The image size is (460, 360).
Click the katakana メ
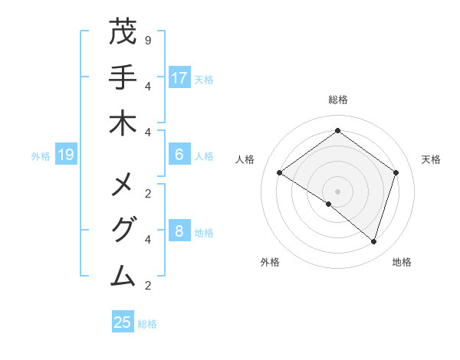tap(123, 185)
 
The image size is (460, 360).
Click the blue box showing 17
tap(179, 78)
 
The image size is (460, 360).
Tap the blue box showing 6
tap(179, 155)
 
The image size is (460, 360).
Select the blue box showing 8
tap(179, 231)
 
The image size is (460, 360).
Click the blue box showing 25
tap(123, 322)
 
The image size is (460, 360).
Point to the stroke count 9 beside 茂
tap(148, 39)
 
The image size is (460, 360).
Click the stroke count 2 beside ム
tap(148, 286)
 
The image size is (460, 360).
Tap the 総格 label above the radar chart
tap(337, 100)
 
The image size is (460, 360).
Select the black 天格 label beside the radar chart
tap(431, 159)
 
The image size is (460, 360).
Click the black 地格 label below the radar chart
tap(402, 262)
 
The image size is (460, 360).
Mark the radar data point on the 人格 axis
tap(279, 173)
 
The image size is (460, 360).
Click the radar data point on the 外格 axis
tap(328, 204)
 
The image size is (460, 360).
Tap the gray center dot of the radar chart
tap(337, 191)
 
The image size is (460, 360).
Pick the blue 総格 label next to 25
tap(147, 323)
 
